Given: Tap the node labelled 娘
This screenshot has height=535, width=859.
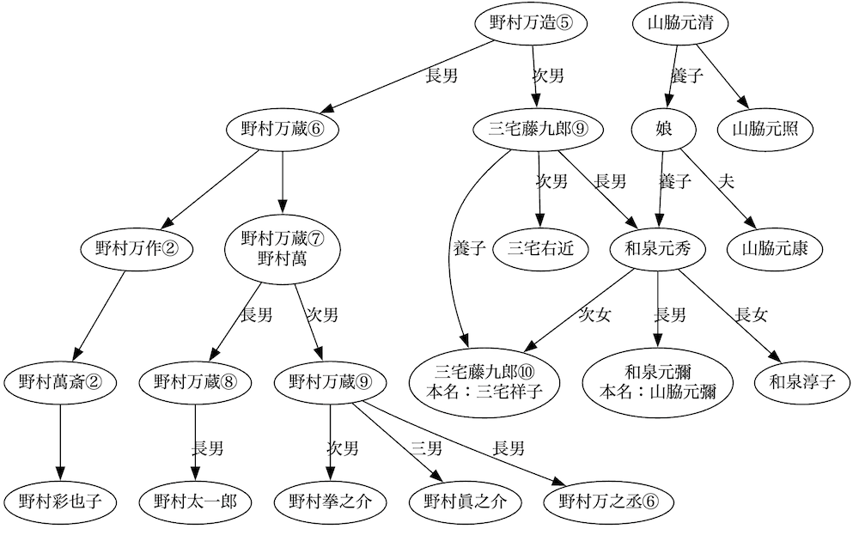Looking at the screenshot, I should [x=664, y=130].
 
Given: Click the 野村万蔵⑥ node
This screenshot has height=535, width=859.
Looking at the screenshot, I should [x=281, y=130].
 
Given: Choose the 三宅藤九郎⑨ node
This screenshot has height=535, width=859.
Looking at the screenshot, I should [x=539, y=130].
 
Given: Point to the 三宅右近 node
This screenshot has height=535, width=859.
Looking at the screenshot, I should [x=540, y=249].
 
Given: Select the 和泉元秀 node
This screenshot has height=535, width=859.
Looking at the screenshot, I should [x=657, y=249].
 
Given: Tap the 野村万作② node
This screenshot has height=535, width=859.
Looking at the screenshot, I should [x=136, y=249].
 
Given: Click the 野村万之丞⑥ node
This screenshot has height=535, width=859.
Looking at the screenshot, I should [x=608, y=501].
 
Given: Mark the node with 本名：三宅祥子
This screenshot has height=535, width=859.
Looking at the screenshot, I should [x=485, y=380].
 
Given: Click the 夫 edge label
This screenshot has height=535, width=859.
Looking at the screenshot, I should [x=726, y=181].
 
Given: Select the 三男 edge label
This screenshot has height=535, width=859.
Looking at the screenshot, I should [x=427, y=447].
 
